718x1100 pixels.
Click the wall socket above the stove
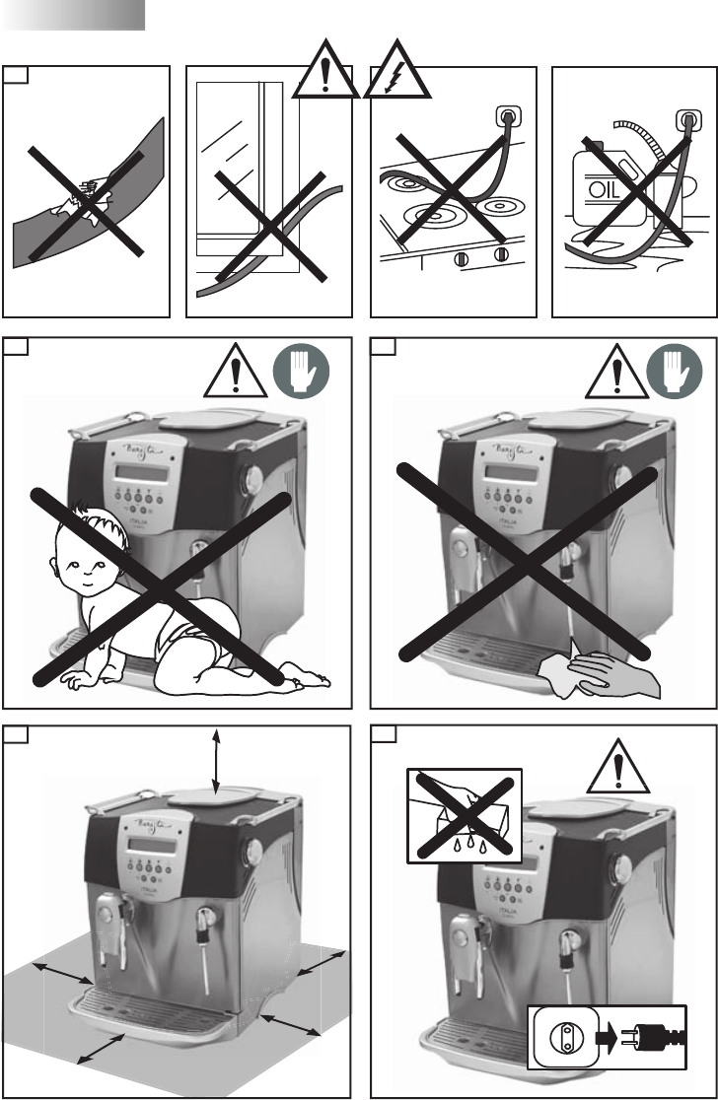(506, 116)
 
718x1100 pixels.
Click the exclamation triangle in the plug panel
(618, 768)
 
